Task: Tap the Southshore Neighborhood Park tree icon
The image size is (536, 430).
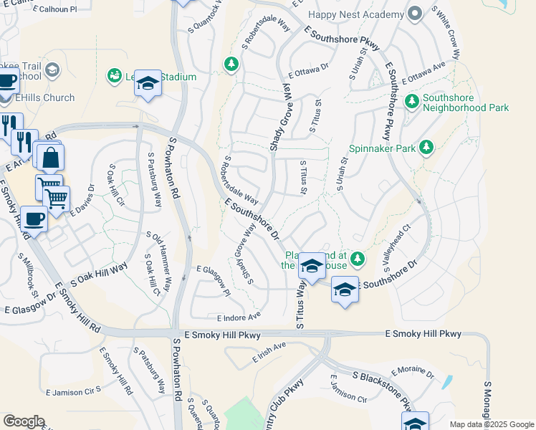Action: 412,102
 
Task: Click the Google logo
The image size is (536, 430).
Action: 24,421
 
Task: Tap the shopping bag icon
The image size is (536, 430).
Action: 52,158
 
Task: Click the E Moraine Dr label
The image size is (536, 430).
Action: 413,373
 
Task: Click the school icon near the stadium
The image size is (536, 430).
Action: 148,85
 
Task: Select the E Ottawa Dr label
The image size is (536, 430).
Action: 308,70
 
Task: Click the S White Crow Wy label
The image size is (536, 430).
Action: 447,34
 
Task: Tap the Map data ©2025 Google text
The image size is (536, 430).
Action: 491,424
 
